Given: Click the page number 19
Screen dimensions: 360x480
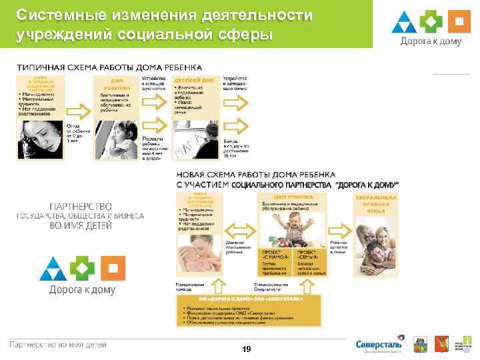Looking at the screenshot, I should click(x=247, y=349).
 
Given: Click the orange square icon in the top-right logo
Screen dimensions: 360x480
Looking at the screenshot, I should click(x=458, y=21).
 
